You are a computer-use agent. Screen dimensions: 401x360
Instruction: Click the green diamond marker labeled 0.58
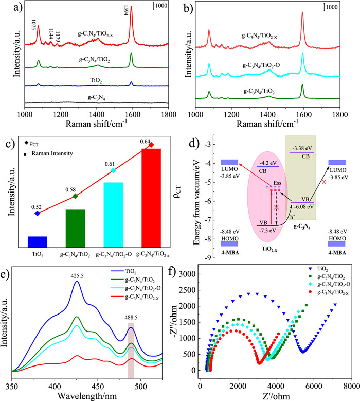[75, 196]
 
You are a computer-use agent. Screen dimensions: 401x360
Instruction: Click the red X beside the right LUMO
[323, 182]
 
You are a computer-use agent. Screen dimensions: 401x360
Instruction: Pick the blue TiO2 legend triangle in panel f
[308, 269]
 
